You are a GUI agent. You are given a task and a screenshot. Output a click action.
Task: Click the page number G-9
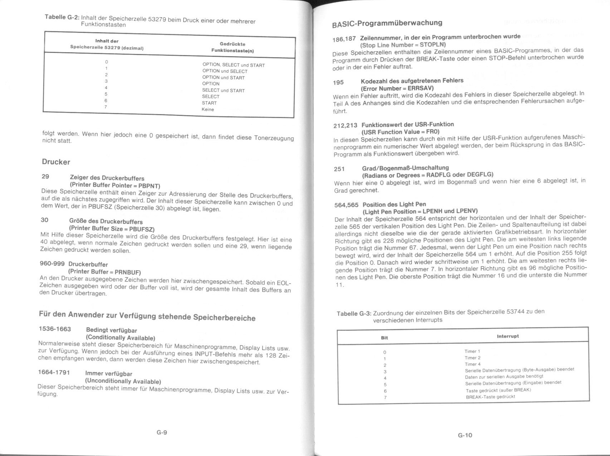click(x=162, y=432)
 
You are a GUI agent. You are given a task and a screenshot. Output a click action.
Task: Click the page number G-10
click(x=465, y=435)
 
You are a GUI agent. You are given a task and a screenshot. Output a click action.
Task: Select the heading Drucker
click(x=56, y=162)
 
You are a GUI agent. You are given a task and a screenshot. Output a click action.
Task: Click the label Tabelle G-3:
click(x=354, y=314)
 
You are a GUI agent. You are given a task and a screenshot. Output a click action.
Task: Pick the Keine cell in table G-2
click(x=208, y=109)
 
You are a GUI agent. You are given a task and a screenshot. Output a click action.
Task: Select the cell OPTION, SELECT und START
click(x=233, y=65)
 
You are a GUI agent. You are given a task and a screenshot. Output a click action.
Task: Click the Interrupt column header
click(x=507, y=336)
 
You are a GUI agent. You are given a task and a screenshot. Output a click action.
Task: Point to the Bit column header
click(x=384, y=338)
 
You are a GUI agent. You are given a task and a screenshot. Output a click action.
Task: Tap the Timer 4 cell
click(x=472, y=364)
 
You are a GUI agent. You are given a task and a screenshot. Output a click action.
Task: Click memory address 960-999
click(x=52, y=264)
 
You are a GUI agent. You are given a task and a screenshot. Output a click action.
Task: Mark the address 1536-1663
click(x=55, y=329)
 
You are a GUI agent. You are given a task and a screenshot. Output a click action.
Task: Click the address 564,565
click(x=346, y=205)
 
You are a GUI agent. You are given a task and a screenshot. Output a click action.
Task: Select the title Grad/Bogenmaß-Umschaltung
click(x=405, y=168)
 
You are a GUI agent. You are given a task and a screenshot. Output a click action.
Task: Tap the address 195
click(x=338, y=83)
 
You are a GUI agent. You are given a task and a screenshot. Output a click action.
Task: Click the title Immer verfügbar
click(x=108, y=373)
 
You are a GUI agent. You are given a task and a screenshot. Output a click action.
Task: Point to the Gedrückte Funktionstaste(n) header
click(x=232, y=47)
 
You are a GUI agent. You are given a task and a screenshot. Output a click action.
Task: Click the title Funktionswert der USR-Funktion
click(x=407, y=124)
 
